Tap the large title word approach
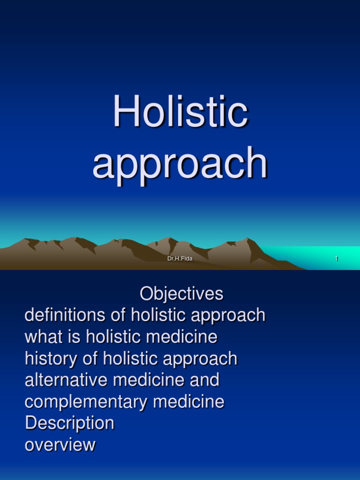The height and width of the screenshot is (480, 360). [x=180, y=163]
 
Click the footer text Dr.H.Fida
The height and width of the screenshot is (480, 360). [x=180, y=259]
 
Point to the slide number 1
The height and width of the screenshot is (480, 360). [x=337, y=259]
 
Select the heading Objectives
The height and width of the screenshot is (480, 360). [x=181, y=294]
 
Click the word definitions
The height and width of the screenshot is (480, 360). [x=66, y=315]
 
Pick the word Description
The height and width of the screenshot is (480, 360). [x=69, y=423]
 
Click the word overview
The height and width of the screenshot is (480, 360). [x=60, y=445]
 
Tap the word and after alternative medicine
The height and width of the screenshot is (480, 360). [x=204, y=380]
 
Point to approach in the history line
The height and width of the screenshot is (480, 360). [x=200, y=360]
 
